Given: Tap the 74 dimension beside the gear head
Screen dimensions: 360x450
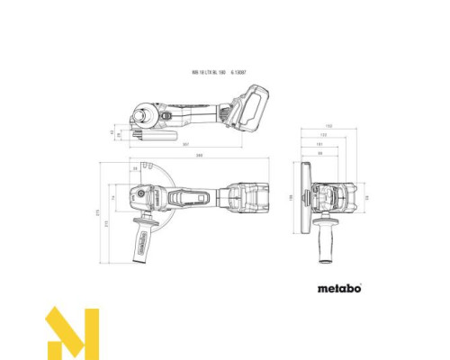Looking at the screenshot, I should (125, 197).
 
